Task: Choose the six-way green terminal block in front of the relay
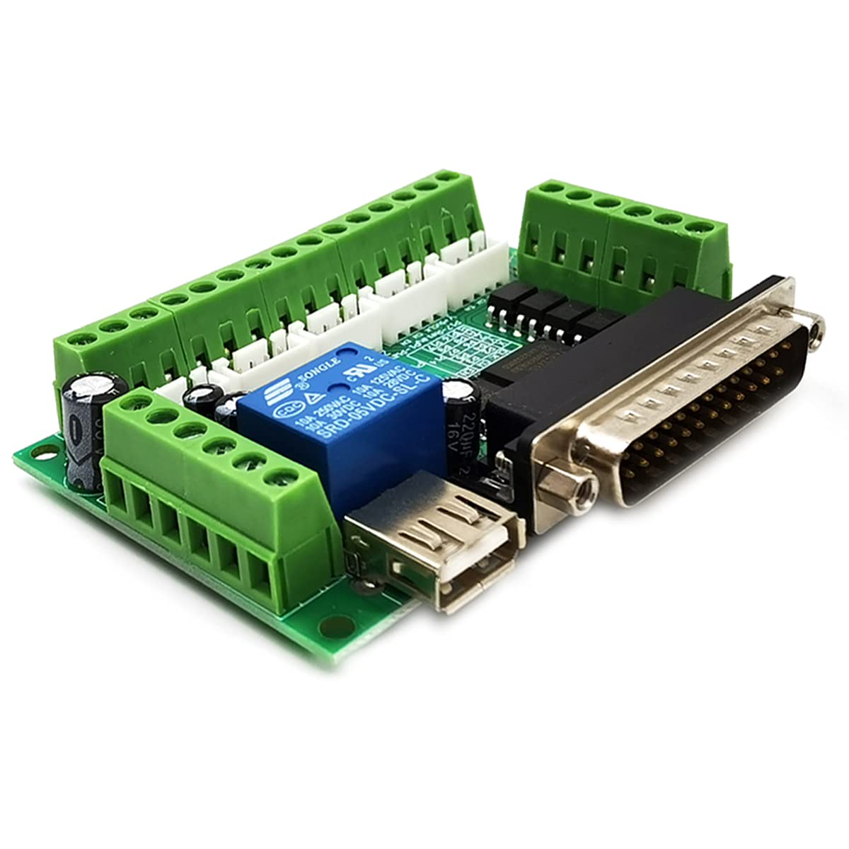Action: (x=212, y=495)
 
